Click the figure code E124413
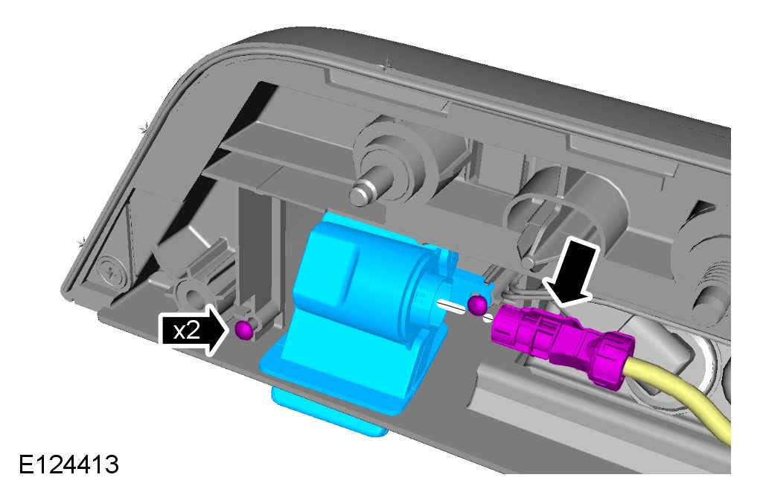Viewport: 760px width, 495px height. pyautogui.click(x=68, y=464)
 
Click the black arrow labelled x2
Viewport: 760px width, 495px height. pyautogui.click(x=193, y=330)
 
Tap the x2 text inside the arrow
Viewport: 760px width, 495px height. pyautogui.click(x=187, y=330)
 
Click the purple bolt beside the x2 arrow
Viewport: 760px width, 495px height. pyautogui.click(x=244, y=329)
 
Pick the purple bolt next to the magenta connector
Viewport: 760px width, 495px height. pyautogui.click(x=477, y=304)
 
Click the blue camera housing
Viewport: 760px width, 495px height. pyautogui.click(x=359, y=310)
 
